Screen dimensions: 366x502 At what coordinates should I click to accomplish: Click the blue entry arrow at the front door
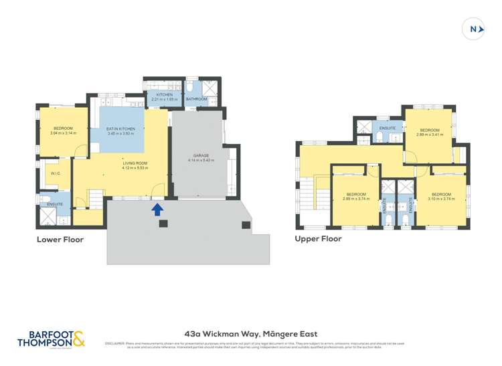[157, 210]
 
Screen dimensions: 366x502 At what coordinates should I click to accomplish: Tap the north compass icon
[474, 29]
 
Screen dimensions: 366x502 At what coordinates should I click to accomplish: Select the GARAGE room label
[201, 156]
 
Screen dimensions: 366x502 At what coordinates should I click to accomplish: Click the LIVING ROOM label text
[134, 163]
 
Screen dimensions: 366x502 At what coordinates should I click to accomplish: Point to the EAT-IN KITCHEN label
[120, 128]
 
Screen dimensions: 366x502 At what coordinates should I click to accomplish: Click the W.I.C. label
[56, 173]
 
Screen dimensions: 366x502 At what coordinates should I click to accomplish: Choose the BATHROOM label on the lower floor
[196, 99]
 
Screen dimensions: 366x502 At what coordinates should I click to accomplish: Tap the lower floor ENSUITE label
[55, 204]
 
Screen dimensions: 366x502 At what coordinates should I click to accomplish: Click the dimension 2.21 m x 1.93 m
[164, 100]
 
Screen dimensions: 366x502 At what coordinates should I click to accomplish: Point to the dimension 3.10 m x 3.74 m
[440, 199]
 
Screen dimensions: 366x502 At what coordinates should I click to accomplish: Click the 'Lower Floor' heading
[60, 239]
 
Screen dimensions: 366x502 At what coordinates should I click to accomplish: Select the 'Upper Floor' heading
[318, 238]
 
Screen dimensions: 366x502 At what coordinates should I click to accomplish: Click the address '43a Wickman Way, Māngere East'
[251, 333]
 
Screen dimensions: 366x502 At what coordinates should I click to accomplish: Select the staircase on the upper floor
[309, 197]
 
